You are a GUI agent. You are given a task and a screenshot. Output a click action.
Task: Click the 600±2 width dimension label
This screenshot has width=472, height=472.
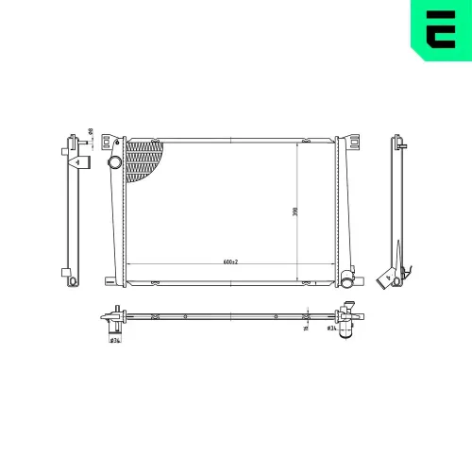[230, 261]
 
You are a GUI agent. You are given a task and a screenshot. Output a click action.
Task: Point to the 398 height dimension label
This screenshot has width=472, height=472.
[295, 211]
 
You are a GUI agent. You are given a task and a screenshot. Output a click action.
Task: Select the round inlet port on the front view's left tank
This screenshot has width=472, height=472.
[115, 164]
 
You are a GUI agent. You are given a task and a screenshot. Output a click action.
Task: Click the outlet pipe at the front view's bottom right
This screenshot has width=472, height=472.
[350, 280]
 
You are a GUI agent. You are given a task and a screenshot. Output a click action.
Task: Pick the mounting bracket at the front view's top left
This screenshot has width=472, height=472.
[116, 141]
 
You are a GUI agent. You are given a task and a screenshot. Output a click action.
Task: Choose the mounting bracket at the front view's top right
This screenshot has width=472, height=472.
[353, 142]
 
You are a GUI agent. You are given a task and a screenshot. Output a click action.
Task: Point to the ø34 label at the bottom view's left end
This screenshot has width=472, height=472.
[113, 340]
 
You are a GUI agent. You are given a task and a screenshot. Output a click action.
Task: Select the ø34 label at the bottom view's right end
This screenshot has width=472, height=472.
[330, 329]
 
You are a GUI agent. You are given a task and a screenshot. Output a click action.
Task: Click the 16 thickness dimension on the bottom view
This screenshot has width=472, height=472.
[306, 329]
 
